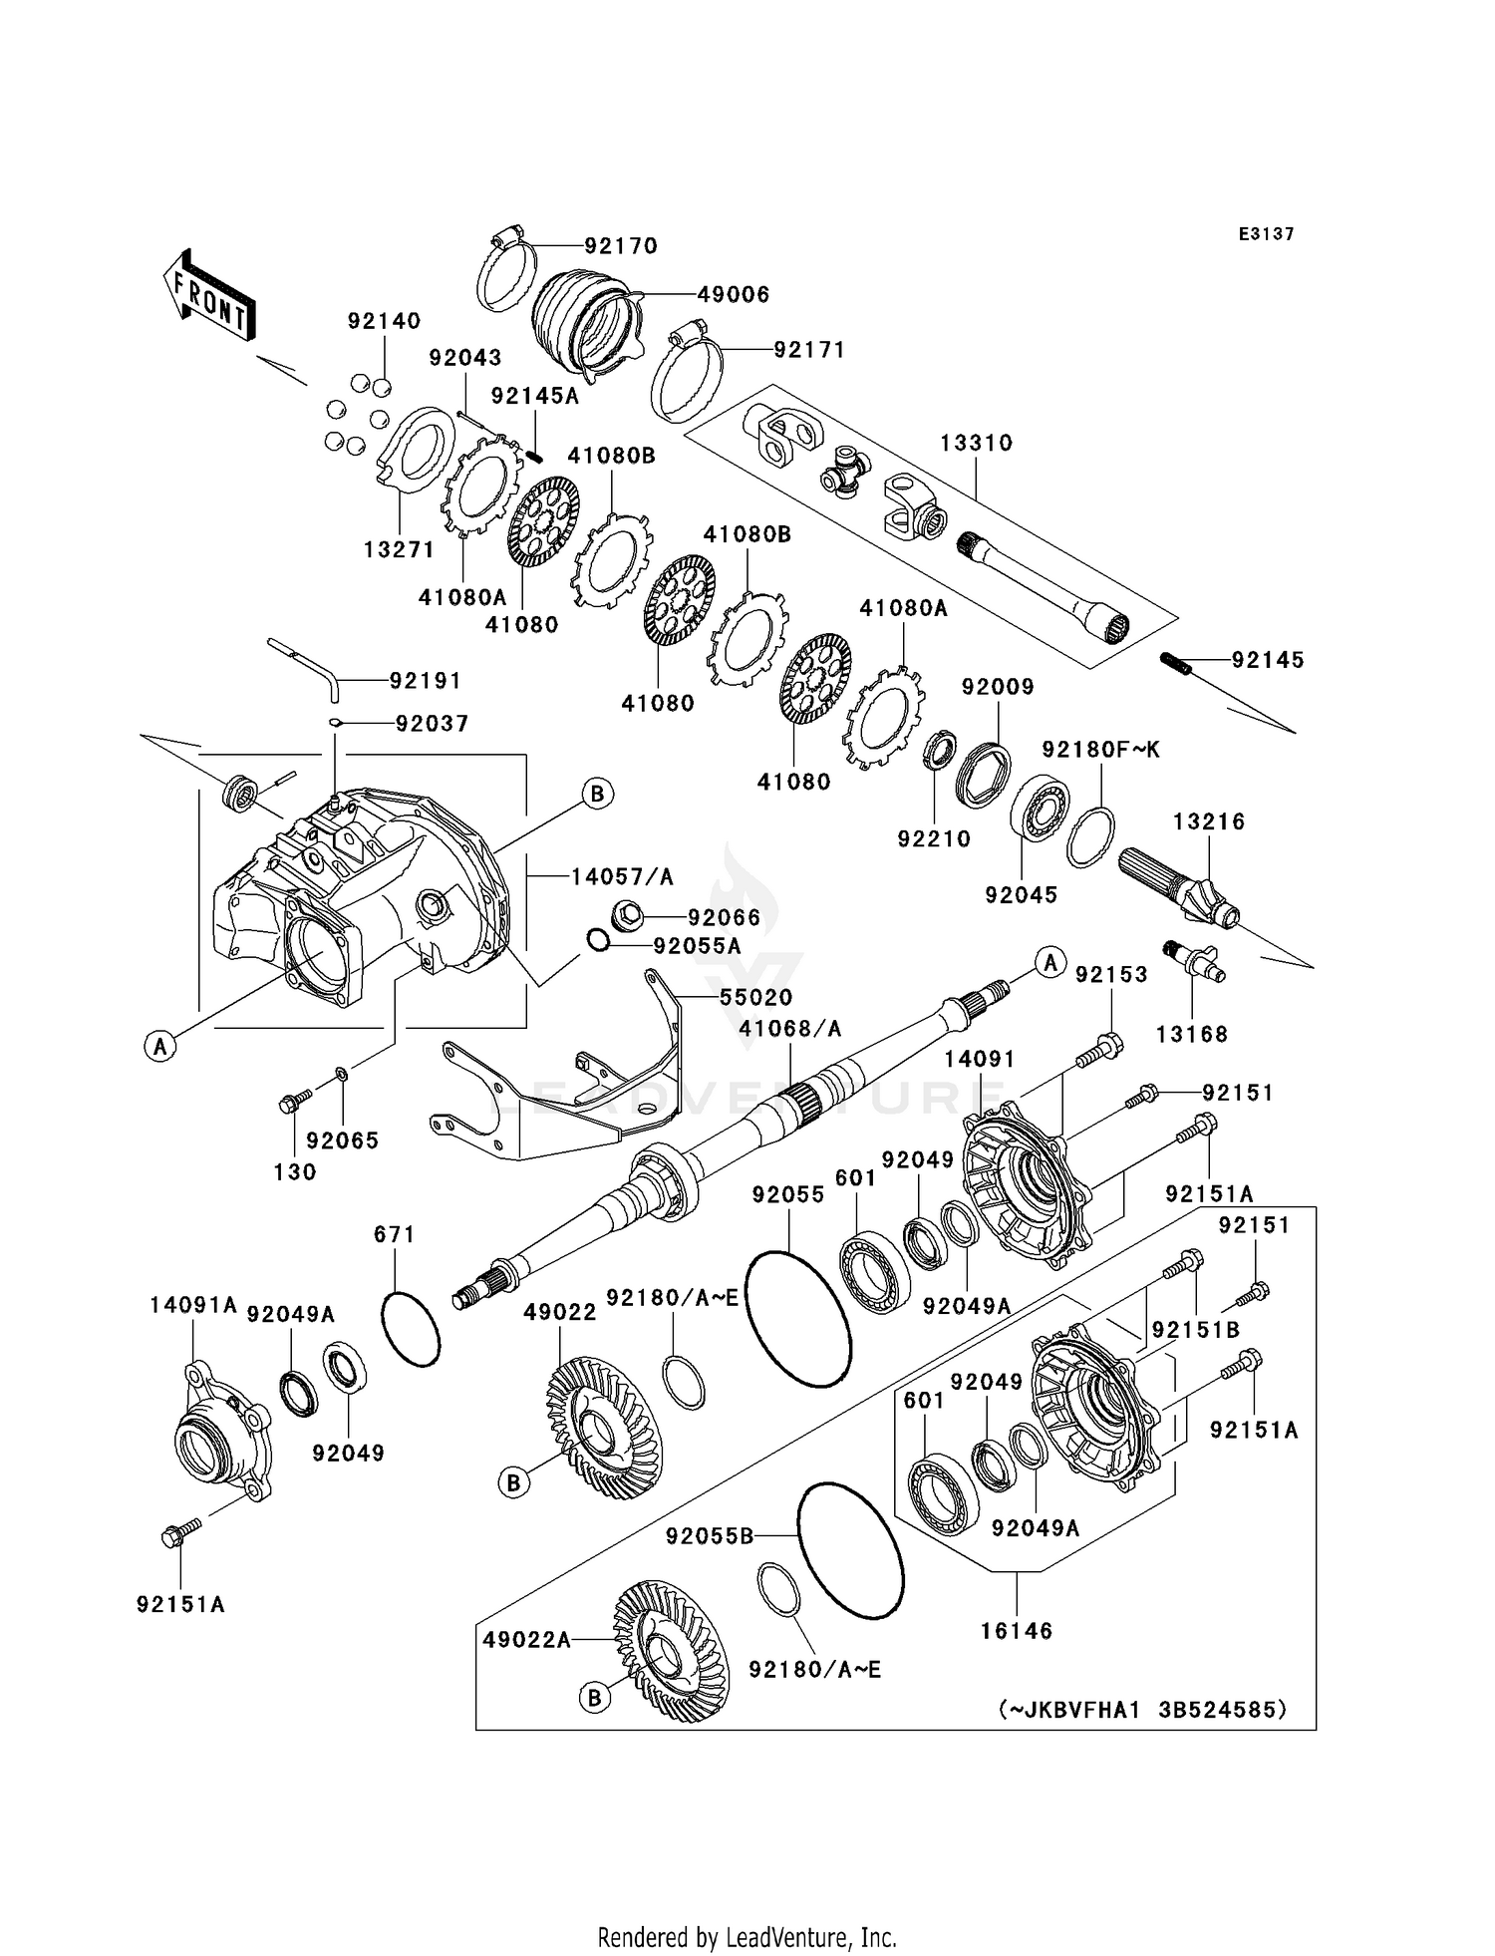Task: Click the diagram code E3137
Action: point(1266,234)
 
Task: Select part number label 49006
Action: point(733,294)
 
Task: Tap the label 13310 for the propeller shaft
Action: point(976,443)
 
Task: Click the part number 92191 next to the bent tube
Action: point(426,680)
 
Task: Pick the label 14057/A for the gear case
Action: point(622,876)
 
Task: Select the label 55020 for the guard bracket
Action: point(756,997)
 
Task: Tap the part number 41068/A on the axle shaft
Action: point(790,1028)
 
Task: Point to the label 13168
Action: point(1192,1034)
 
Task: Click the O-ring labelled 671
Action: point(410,1329)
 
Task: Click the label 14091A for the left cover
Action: point(193,1305)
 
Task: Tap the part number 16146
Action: point(1017,1630)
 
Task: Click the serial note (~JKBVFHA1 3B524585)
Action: point(1142,1709)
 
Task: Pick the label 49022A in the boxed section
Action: point(527,1640)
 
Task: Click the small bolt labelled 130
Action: point(292,1104)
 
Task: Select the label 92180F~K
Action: point(1101,749)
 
